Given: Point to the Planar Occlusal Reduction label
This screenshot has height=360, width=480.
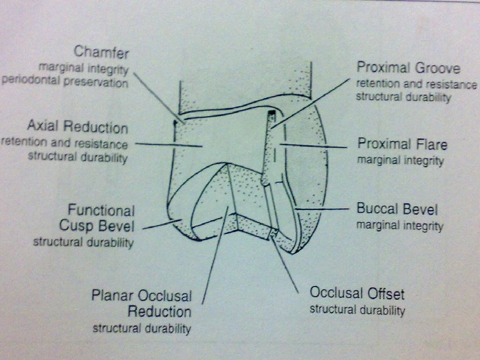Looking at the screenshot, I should (x=141, y=303).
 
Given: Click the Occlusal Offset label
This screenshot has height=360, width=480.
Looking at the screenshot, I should (x=357, y=293).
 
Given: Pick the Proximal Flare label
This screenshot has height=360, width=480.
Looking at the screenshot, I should (x=402, y=144).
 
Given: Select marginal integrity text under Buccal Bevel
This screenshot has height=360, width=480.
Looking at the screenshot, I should (x=399, y=226).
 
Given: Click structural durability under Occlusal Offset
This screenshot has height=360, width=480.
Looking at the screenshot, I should (x=357, y=310).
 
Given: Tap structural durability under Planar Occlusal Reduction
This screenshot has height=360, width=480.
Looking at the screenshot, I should (x=141, y=328).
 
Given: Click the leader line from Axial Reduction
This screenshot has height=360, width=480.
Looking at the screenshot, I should (x=167, y=143).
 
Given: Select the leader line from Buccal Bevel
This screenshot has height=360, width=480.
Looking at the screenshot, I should (x=323, y=209).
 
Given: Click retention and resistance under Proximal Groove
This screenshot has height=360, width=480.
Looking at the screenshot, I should (x=416, y=84).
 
